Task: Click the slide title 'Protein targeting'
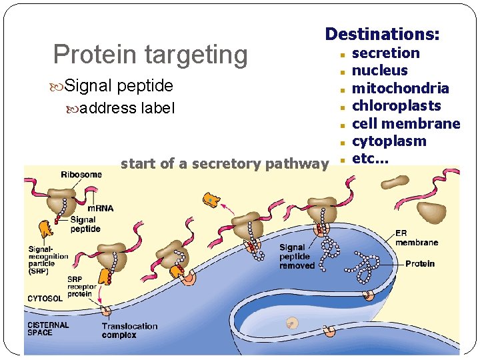150,55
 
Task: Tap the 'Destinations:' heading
382,33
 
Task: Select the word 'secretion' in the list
385,53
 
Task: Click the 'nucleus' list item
379,71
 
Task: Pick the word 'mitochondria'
400,89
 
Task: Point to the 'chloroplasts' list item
396,106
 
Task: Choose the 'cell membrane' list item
405,124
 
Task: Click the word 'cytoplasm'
389,141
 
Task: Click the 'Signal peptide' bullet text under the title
119,86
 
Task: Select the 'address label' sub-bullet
127,108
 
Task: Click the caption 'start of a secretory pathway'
225,163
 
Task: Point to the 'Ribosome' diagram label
81,175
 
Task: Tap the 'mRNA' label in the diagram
101,208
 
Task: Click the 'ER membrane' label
416,237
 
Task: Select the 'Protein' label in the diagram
419,263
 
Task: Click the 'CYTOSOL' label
45,298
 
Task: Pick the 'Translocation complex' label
129,331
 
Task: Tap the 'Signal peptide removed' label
297,257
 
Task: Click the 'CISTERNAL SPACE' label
48,329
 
